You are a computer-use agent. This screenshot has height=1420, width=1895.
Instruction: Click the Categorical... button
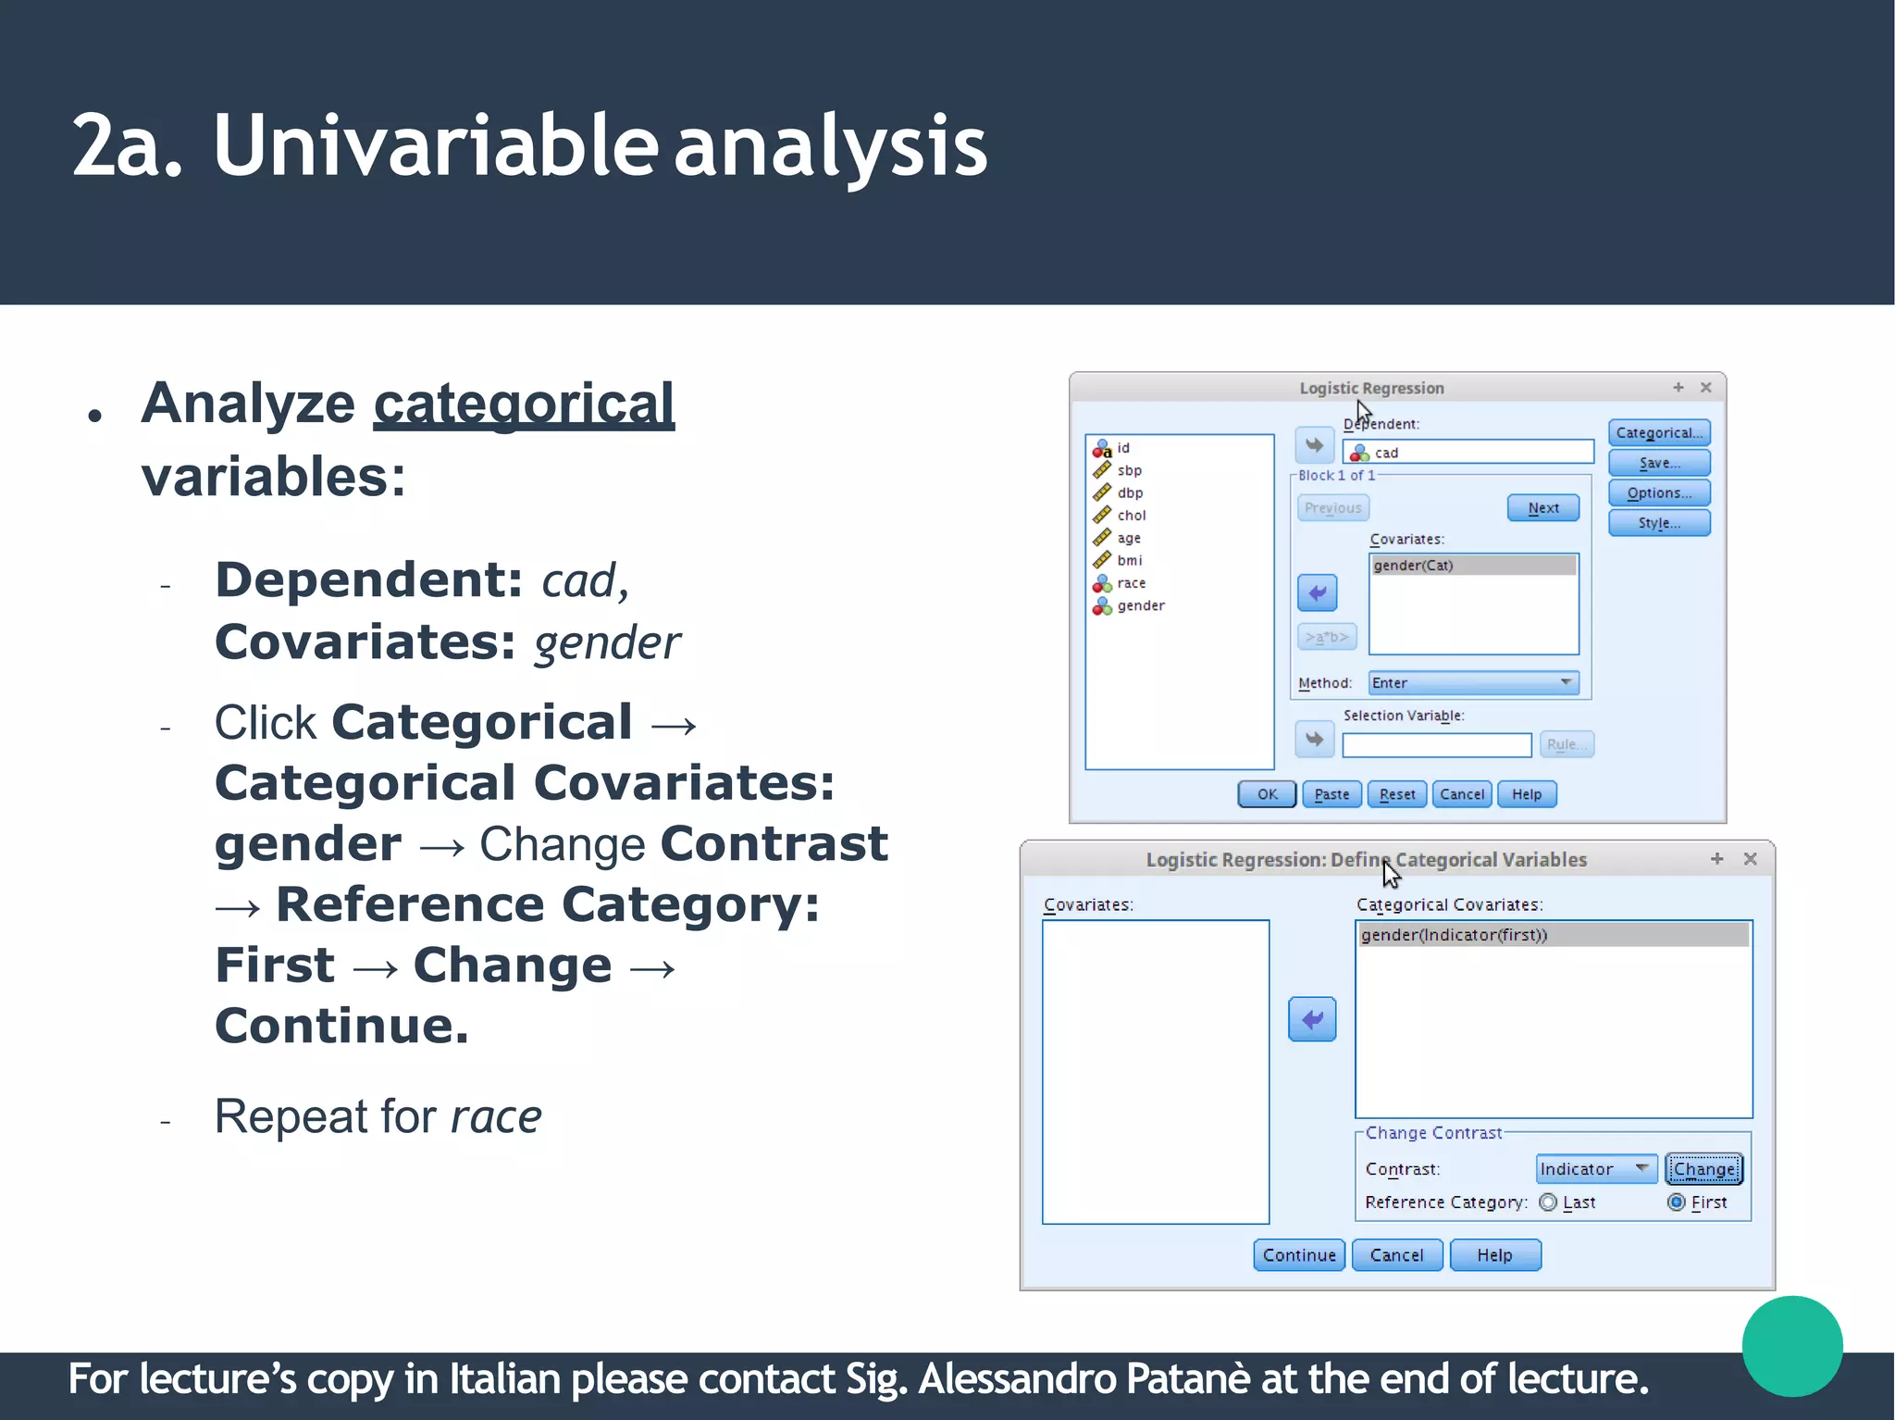(x=1658, y=432)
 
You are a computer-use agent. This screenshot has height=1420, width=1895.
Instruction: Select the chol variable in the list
(x=1131, y=516)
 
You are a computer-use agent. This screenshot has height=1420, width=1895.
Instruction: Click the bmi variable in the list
(x=1129, y=560)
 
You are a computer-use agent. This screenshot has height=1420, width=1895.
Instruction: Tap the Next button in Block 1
(x=1542, y=507)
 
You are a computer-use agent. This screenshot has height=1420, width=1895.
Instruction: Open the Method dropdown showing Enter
(x=1473, y=682)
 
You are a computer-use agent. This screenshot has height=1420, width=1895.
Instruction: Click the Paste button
(x=1331, y=794)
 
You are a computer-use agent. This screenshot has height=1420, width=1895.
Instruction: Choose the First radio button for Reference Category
(x=1676, y=1202)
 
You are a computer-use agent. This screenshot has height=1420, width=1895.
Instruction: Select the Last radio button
(x=1548, y=1202)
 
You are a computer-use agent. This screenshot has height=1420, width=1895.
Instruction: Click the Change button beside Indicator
(x=1703, y=1168)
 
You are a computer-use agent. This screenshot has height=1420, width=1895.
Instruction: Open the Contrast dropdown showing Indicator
(x=1595, y=1168)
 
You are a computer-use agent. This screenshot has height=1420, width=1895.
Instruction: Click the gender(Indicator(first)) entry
(x=1454, y=935)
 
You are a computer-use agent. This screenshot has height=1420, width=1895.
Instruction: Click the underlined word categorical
(x=524, y=405)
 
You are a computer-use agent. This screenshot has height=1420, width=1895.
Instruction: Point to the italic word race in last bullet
(x=496, y=1116)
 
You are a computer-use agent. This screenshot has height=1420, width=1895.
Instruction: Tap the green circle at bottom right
(x=1791, y=1345)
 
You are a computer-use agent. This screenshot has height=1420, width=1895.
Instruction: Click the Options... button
(x=1658, y=492)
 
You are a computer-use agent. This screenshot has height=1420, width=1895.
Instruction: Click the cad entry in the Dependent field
(x=1386, y=453)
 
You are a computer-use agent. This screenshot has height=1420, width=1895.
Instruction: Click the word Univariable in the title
(x=435, y=145)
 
